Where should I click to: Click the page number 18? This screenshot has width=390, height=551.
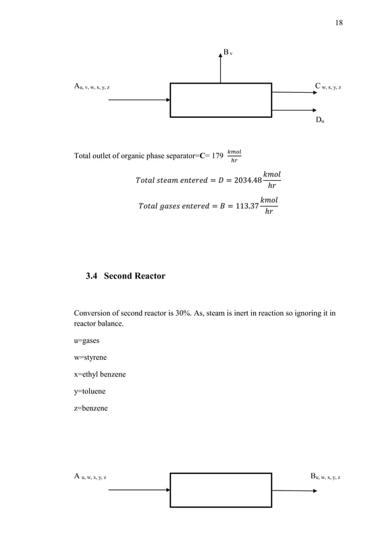339,23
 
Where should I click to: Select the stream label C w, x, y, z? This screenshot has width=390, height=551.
328,87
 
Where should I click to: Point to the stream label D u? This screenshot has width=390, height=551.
320,120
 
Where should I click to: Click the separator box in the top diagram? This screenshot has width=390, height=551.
220,100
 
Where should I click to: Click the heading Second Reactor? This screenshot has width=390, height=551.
134,276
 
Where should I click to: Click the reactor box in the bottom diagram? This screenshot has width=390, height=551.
220,489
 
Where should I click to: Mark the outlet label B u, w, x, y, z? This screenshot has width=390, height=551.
325,476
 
